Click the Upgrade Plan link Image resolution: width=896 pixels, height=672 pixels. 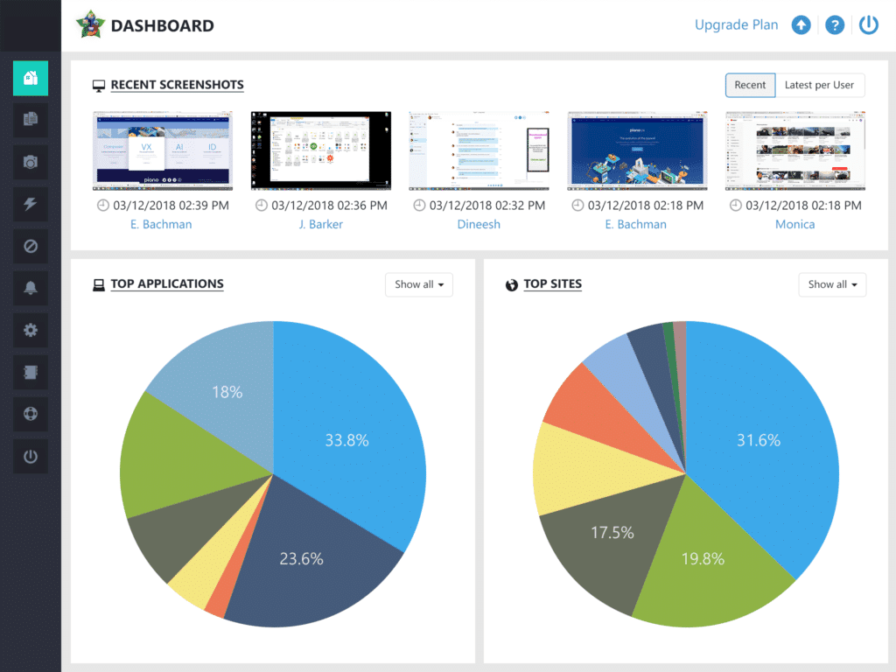(x=736, y=25)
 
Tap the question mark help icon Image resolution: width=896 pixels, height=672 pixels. (x=835, y=25)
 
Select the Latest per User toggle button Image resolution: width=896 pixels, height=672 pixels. (x=819, y=85)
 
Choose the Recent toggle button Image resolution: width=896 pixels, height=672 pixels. (x=750, y=85)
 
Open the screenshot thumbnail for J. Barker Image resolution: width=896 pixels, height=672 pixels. (x=320, y=150)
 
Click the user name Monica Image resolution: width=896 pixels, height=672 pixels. (x=794, y=224)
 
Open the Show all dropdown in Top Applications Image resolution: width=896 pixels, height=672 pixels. (x=419, y=284)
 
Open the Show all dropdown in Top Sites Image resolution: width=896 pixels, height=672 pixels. (x=832, y=284)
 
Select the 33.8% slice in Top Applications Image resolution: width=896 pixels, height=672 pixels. (x=350, y=437)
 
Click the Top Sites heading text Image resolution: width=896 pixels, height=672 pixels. (x=552, y=284)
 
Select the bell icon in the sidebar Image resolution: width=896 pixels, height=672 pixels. (x=31, y=288)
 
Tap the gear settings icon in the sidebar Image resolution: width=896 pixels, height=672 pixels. (x=31, y=330)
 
